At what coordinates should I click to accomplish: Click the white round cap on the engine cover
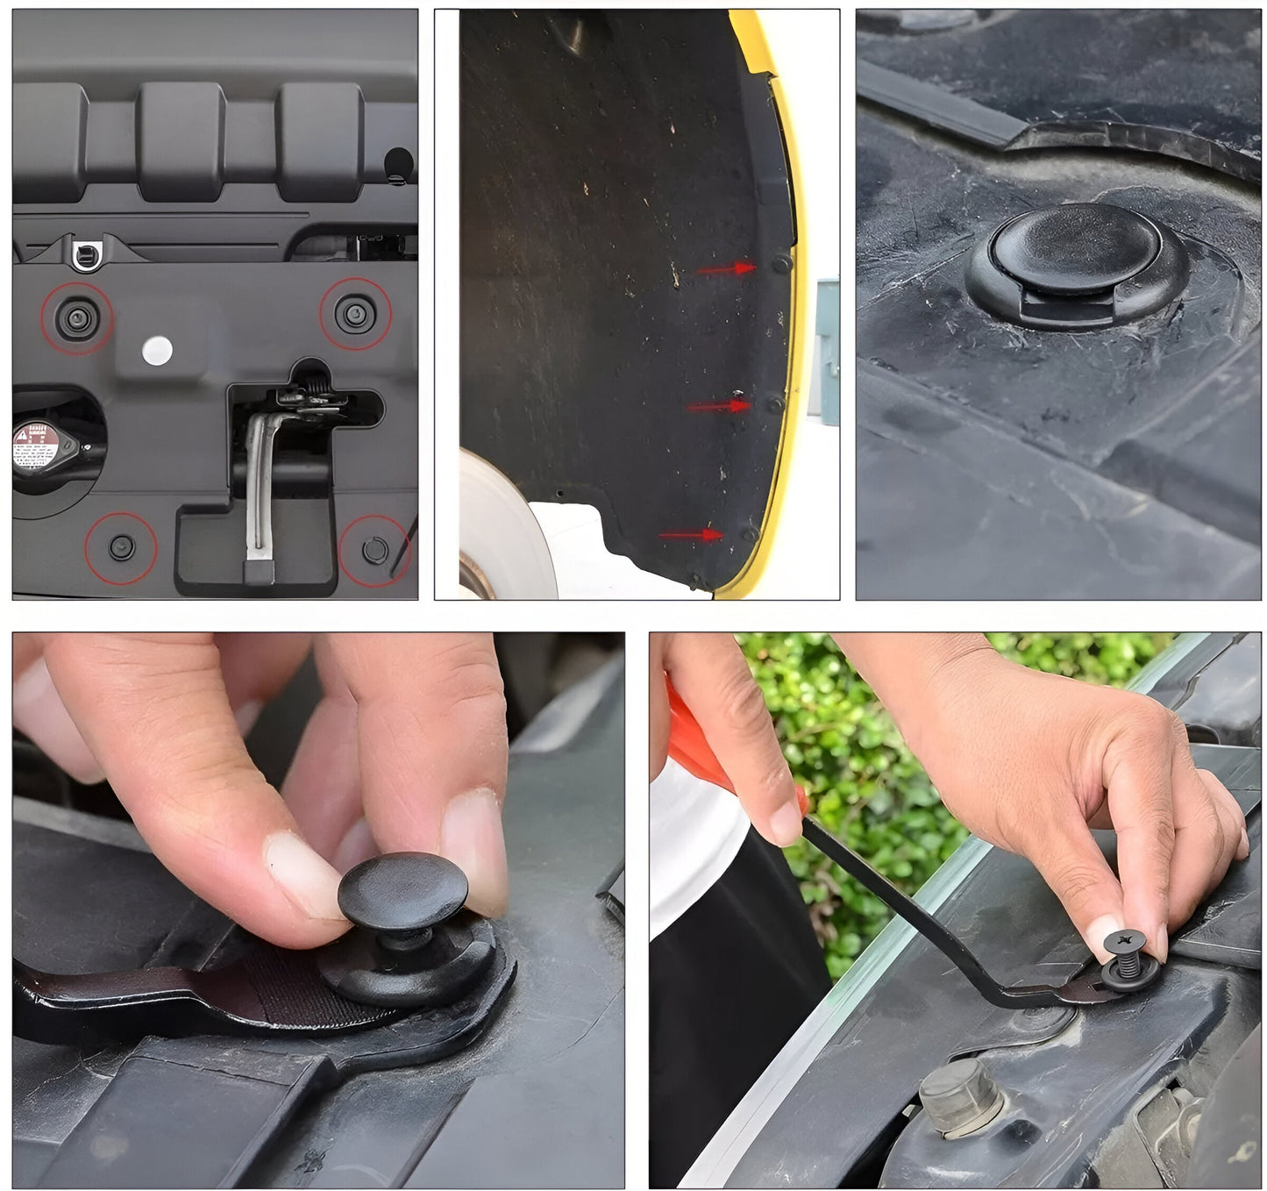pos(157,350)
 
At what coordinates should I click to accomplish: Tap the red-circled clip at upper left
pos(77,317)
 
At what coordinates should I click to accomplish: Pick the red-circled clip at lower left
pos(121,548)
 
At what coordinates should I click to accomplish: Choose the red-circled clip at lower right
pos(374,550)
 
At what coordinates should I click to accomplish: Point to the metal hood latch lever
pos(260,482)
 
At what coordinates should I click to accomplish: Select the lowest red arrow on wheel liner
pos(692,535)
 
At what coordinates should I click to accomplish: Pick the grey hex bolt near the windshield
pos(962,1096)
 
